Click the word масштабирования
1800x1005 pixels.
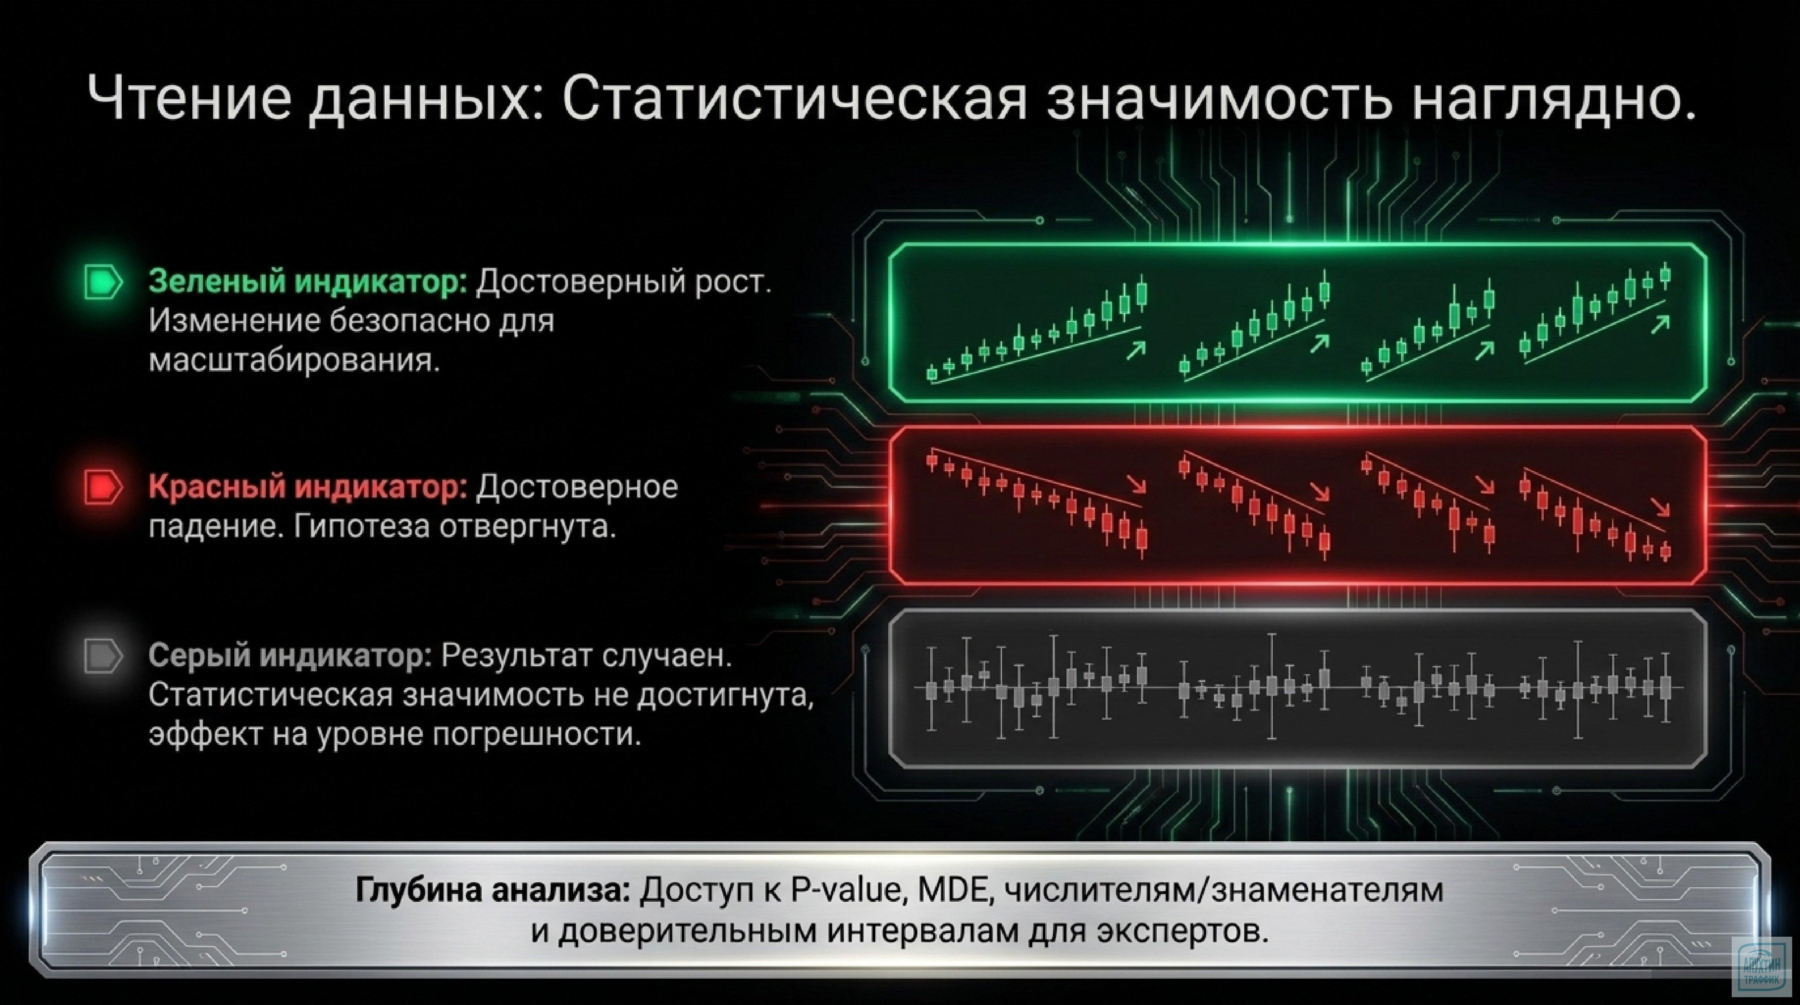click(x=294, y=361)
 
